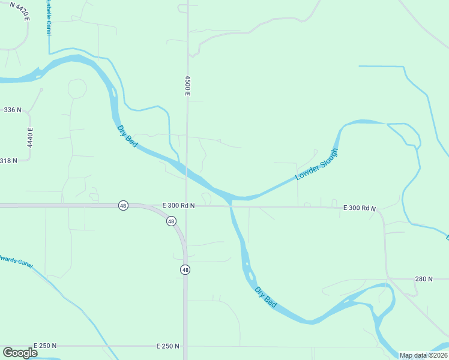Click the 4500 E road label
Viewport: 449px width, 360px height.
point(188,86)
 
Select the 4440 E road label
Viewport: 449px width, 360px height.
point(29,138)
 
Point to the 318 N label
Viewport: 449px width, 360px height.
point(8,160)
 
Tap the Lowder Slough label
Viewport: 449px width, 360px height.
point(317,164)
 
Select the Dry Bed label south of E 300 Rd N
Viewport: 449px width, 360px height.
point(265,297)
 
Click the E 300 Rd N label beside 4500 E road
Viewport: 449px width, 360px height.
point(179,205)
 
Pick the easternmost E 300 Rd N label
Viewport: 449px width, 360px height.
point(359,208)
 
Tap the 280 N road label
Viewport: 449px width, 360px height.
point(424,279)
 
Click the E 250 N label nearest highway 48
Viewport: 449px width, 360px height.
point(167,346)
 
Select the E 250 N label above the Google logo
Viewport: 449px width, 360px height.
point(45,346)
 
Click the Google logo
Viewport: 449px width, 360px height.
point(20,353)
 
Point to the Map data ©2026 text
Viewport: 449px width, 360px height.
point(424,355)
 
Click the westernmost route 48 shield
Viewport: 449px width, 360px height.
point(122,205)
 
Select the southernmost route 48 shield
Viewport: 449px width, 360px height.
point(185,270)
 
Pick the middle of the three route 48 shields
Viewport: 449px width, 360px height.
point(171,221)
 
